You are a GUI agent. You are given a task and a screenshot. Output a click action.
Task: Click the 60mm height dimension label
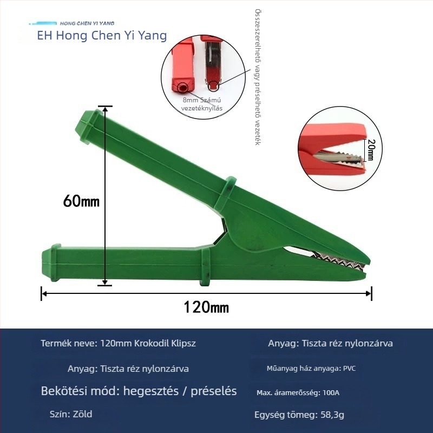click(x=81, y=201)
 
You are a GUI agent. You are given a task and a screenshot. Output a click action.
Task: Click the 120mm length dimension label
click(x=206, y=307)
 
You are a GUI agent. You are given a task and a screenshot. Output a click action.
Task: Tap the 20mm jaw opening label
click(x=371, y=150)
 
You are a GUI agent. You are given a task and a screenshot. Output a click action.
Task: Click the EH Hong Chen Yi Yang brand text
click(x=102, y=36)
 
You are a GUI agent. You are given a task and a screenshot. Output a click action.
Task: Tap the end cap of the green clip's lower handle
click(x=51, y=263)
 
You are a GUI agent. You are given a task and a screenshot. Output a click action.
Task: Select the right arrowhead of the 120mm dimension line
click(x=369, y=293)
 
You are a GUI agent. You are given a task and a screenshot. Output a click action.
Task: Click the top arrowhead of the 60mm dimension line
click(x=105, y=110)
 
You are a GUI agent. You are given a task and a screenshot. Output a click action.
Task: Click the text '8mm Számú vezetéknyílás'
click(x=201, y=104)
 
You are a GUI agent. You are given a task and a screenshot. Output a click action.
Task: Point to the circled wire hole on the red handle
click(x=182, y=88)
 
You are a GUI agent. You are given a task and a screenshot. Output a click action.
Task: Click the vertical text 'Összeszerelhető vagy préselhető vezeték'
click(x=258, y=77)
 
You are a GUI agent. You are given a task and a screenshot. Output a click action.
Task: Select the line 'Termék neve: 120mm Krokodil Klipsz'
click(x=118, y=343)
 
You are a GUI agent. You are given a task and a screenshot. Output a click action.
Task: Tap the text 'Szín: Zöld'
click(x=71, y=414)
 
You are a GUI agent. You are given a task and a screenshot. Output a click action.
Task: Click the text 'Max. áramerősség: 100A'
click(x=298, y=393)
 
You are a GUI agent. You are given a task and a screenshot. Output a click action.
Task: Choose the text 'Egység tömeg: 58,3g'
click(x=299, y=415)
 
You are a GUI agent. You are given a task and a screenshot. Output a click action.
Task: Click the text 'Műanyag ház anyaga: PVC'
click(x=311, y=369)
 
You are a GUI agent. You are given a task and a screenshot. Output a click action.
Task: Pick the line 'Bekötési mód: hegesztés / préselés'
click(x=139, y=391)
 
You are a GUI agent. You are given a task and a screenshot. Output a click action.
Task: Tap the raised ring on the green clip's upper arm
click(x=225, y=194)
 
